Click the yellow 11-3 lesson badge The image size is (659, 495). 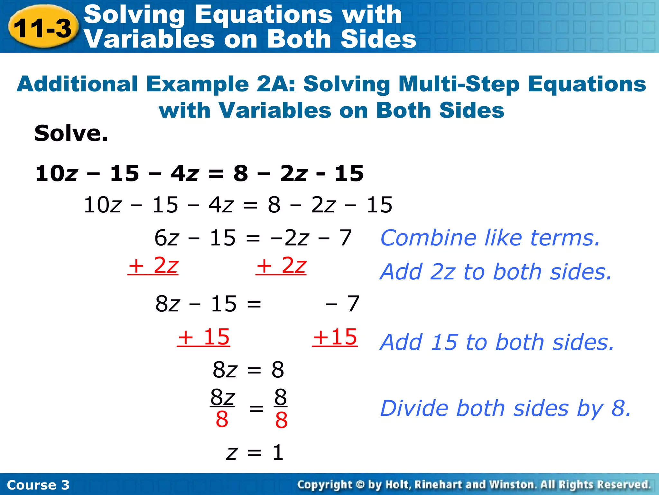point(43,28)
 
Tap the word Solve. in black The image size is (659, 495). point(71,133)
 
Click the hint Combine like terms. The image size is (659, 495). point(490,238)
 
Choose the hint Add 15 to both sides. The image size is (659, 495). point(497,342)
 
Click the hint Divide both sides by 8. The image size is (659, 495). point(506,408)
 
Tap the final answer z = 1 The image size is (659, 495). point(255,452)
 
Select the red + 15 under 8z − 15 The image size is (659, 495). point(204,337)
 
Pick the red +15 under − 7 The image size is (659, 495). point(335,337)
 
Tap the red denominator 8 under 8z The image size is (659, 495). point(222,420)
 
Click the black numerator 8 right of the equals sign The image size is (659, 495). point(281,397)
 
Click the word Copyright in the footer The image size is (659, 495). point(324,484)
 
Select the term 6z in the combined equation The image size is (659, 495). point(166,238)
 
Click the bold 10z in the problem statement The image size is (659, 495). point(57,173)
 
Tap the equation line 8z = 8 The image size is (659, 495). point(248,370)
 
